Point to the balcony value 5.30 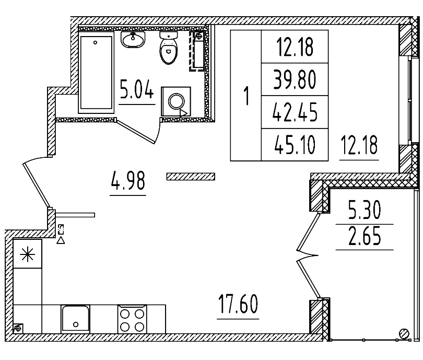click(x=365, y=212)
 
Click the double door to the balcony click(x=308, y=256)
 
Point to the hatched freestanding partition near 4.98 click(x=191, y=177)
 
